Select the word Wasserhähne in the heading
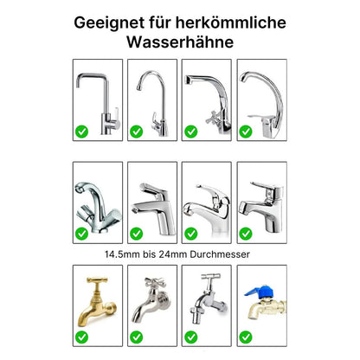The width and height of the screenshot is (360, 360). [179, 41]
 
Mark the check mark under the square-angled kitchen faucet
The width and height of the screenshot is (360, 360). [80, 132]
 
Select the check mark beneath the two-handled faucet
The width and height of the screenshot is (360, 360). [80, 233]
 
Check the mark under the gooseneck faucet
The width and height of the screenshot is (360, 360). [135, 132]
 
